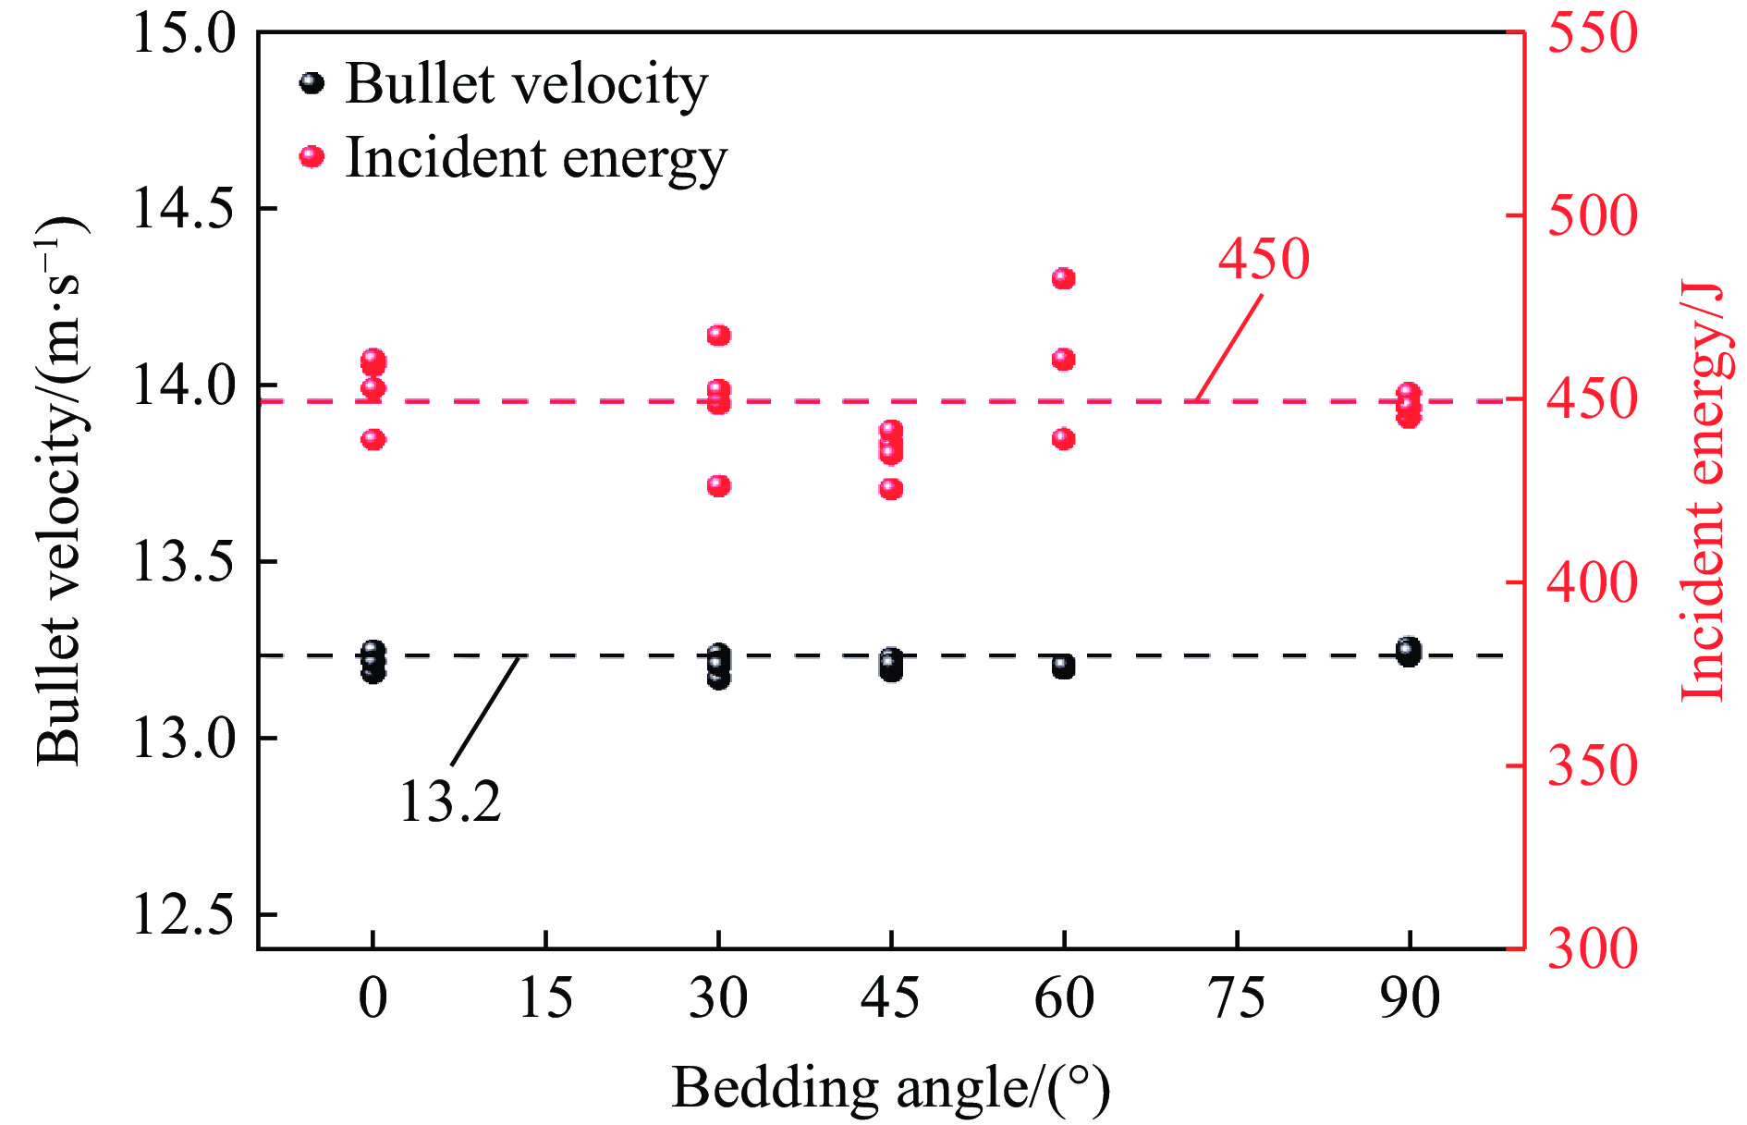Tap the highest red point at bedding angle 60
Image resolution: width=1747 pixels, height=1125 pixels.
[1064, 278]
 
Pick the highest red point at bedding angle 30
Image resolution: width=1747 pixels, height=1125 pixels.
[719, 335]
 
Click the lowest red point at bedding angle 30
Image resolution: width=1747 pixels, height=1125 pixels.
[719, 485]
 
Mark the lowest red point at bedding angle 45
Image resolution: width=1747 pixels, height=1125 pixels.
[891, 489]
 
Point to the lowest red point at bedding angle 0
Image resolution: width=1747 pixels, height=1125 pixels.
[373, 439]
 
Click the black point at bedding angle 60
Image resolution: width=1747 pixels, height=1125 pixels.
[1064, 666]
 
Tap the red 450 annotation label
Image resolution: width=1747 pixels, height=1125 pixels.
[1264, 259]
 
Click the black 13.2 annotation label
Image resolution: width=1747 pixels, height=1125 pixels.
[450, 801]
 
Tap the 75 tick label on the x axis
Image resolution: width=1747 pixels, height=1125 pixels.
[1237, 998]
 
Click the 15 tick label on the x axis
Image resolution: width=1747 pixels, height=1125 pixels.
[545, 998]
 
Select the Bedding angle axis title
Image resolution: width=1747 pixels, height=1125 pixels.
[890, 1088]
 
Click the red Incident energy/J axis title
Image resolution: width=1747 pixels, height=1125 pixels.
[1703, 490]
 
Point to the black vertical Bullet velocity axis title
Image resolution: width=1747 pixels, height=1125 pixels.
[60, 490]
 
